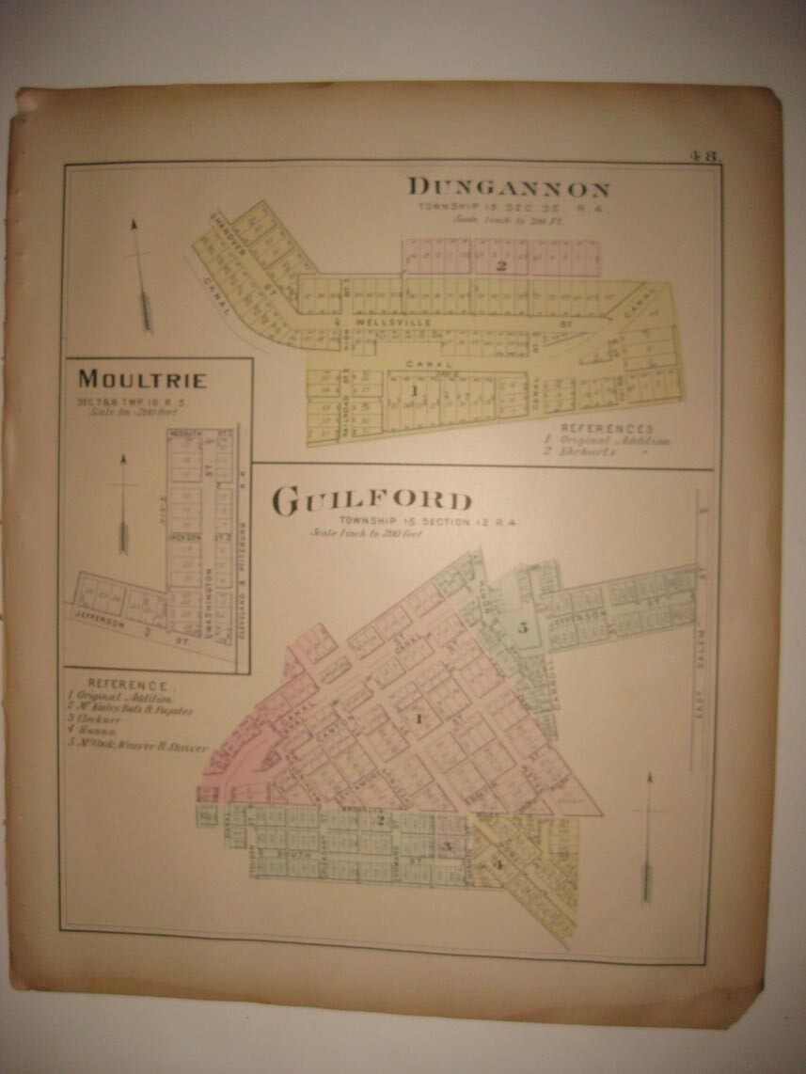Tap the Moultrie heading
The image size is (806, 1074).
142,380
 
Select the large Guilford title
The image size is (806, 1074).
372,502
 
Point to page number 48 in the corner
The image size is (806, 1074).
702,157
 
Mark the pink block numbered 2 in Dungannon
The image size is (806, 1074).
501,266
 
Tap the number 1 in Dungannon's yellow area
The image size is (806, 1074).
412,387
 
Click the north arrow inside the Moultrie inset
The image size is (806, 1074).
123,503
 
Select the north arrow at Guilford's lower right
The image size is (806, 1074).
648,837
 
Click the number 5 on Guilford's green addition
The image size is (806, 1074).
523,628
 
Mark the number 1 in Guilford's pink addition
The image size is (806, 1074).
420,719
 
